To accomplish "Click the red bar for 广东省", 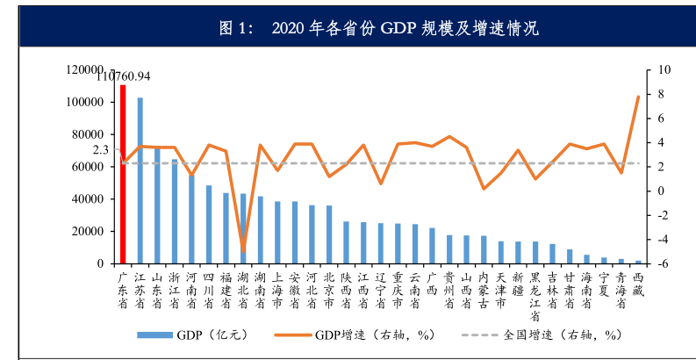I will (x=124, y=176).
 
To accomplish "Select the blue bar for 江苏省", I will (x=140, y=181).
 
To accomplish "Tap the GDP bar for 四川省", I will (x=209, y=225).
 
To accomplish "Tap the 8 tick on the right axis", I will (x=659, y=94).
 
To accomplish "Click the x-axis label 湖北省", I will (x=243, y=291).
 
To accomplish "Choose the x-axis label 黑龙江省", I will (x=535, y=297).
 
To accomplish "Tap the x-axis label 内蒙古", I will (x=484, y=291).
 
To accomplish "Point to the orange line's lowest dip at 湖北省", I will (x=243, y=252).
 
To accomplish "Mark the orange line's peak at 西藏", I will (x=638, y=97).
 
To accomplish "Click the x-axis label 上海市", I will (x=277, y=291).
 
